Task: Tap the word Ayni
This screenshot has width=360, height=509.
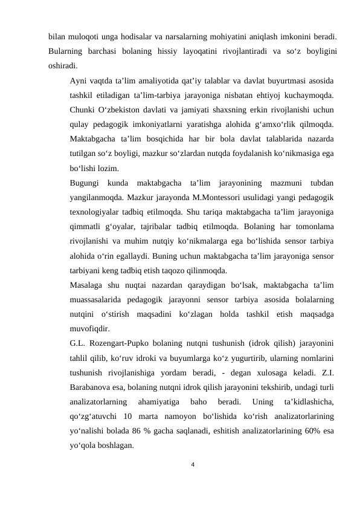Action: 80,80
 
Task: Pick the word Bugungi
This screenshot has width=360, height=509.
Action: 85,183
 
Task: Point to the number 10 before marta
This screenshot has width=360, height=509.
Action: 126,416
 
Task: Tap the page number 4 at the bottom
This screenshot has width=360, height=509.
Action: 192,465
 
